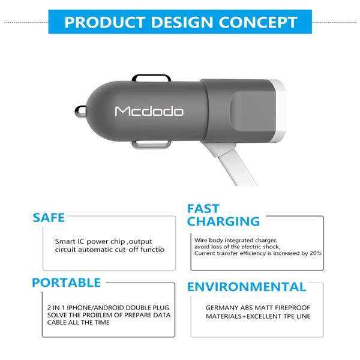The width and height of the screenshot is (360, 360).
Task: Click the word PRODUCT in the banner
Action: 104,22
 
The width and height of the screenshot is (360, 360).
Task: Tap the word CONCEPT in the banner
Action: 258,22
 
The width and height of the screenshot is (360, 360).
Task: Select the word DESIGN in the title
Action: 182,22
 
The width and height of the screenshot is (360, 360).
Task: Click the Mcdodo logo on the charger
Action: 149,111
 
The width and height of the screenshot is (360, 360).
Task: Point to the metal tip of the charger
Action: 80,112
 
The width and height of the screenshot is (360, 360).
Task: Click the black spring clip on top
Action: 151,77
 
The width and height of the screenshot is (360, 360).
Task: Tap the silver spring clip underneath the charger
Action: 151,145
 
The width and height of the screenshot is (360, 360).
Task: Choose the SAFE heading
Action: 49,218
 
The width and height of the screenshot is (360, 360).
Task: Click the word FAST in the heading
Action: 203,208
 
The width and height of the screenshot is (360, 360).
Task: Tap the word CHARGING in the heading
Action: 223,221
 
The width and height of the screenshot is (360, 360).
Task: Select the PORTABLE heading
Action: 67,283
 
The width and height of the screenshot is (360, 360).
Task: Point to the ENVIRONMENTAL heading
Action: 247,287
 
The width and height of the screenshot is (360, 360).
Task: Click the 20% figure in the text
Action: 316,253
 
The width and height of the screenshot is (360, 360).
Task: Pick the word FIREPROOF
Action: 292,308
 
